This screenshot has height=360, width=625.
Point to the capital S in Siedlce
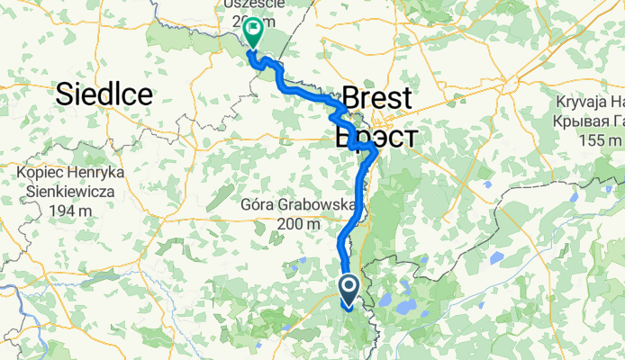click(66, 93)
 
